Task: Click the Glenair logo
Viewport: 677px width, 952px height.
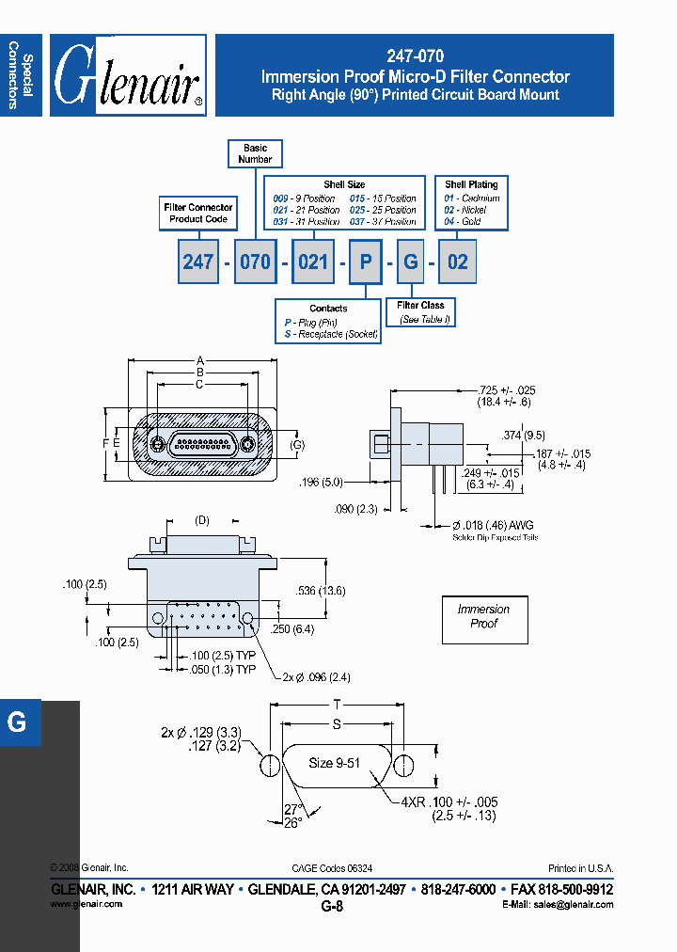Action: tap(128, 76)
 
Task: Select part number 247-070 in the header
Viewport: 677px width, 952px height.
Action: tap(415, 56)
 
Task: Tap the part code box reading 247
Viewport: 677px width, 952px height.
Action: tap(197, 262)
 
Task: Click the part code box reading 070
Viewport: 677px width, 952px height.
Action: tap(255, 262)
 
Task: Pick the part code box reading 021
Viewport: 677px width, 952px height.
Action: tap(312, 262)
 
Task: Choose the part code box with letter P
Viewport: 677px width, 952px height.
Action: tap(365, 262)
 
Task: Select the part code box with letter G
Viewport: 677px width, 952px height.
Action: tap(411, 262)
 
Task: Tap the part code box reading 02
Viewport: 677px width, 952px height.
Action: tap(457, 262)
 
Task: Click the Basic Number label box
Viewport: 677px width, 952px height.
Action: tap(255, 153)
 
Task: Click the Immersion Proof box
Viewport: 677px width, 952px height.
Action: tap(484, 617)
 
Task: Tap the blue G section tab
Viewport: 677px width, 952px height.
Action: tap(19, 722)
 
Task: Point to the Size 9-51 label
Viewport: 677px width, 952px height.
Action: tap(335, 763)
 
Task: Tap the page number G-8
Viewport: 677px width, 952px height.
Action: tap(332, 907)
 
